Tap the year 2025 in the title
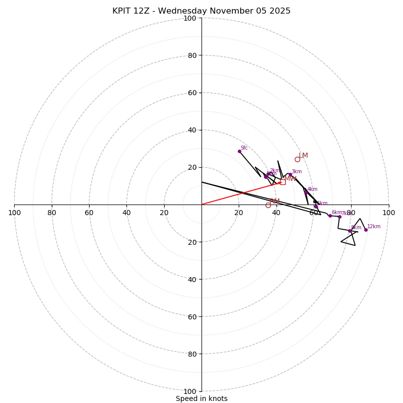click(x=279, y=11)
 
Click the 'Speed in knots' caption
click(x=201, y=398)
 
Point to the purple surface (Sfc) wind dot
click(x=239, y=151)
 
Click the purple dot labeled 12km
click(x=366, y=230)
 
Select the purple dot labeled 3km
click(x=290, y=175)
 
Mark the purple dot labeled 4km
click(x=306, y=192)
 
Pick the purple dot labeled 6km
click(x=330, y=216)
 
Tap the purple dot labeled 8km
click(x=350, y=231)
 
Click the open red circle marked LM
click(x=297, y=159)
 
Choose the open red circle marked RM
click(x=268, y=205)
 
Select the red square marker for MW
click(x=283, y=182)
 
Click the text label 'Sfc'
click(x=244, y=148)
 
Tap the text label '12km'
click(x=374, y=227)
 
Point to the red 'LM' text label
click(x=303, y=156)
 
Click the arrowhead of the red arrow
click(x=281, y=182)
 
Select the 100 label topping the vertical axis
click(x=190, y=18)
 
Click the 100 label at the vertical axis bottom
click(x=190, y=391)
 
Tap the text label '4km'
click(x=312, y=189)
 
